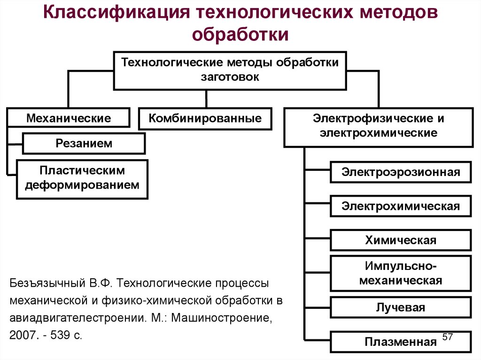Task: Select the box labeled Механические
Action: [x=69, y=118]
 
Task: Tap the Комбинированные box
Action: [x=205, y=118]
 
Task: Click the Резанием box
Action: [x=84, y=143]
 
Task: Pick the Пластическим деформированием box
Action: [x=82, y=178]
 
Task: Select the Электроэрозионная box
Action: [x=401, y=172]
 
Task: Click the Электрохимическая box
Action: [x=401, y=206]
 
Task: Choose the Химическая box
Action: [x=401, y=240]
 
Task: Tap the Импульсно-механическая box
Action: [x=401, y=274]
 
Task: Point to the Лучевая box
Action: [x=401, y=307]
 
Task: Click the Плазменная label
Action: [x=401, y=342]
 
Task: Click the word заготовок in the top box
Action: [x=230, y=77]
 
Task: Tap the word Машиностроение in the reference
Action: [x=221, y=319]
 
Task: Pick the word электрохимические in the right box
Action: [x=379, y=133]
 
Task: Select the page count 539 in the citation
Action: [x=62, y=337]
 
